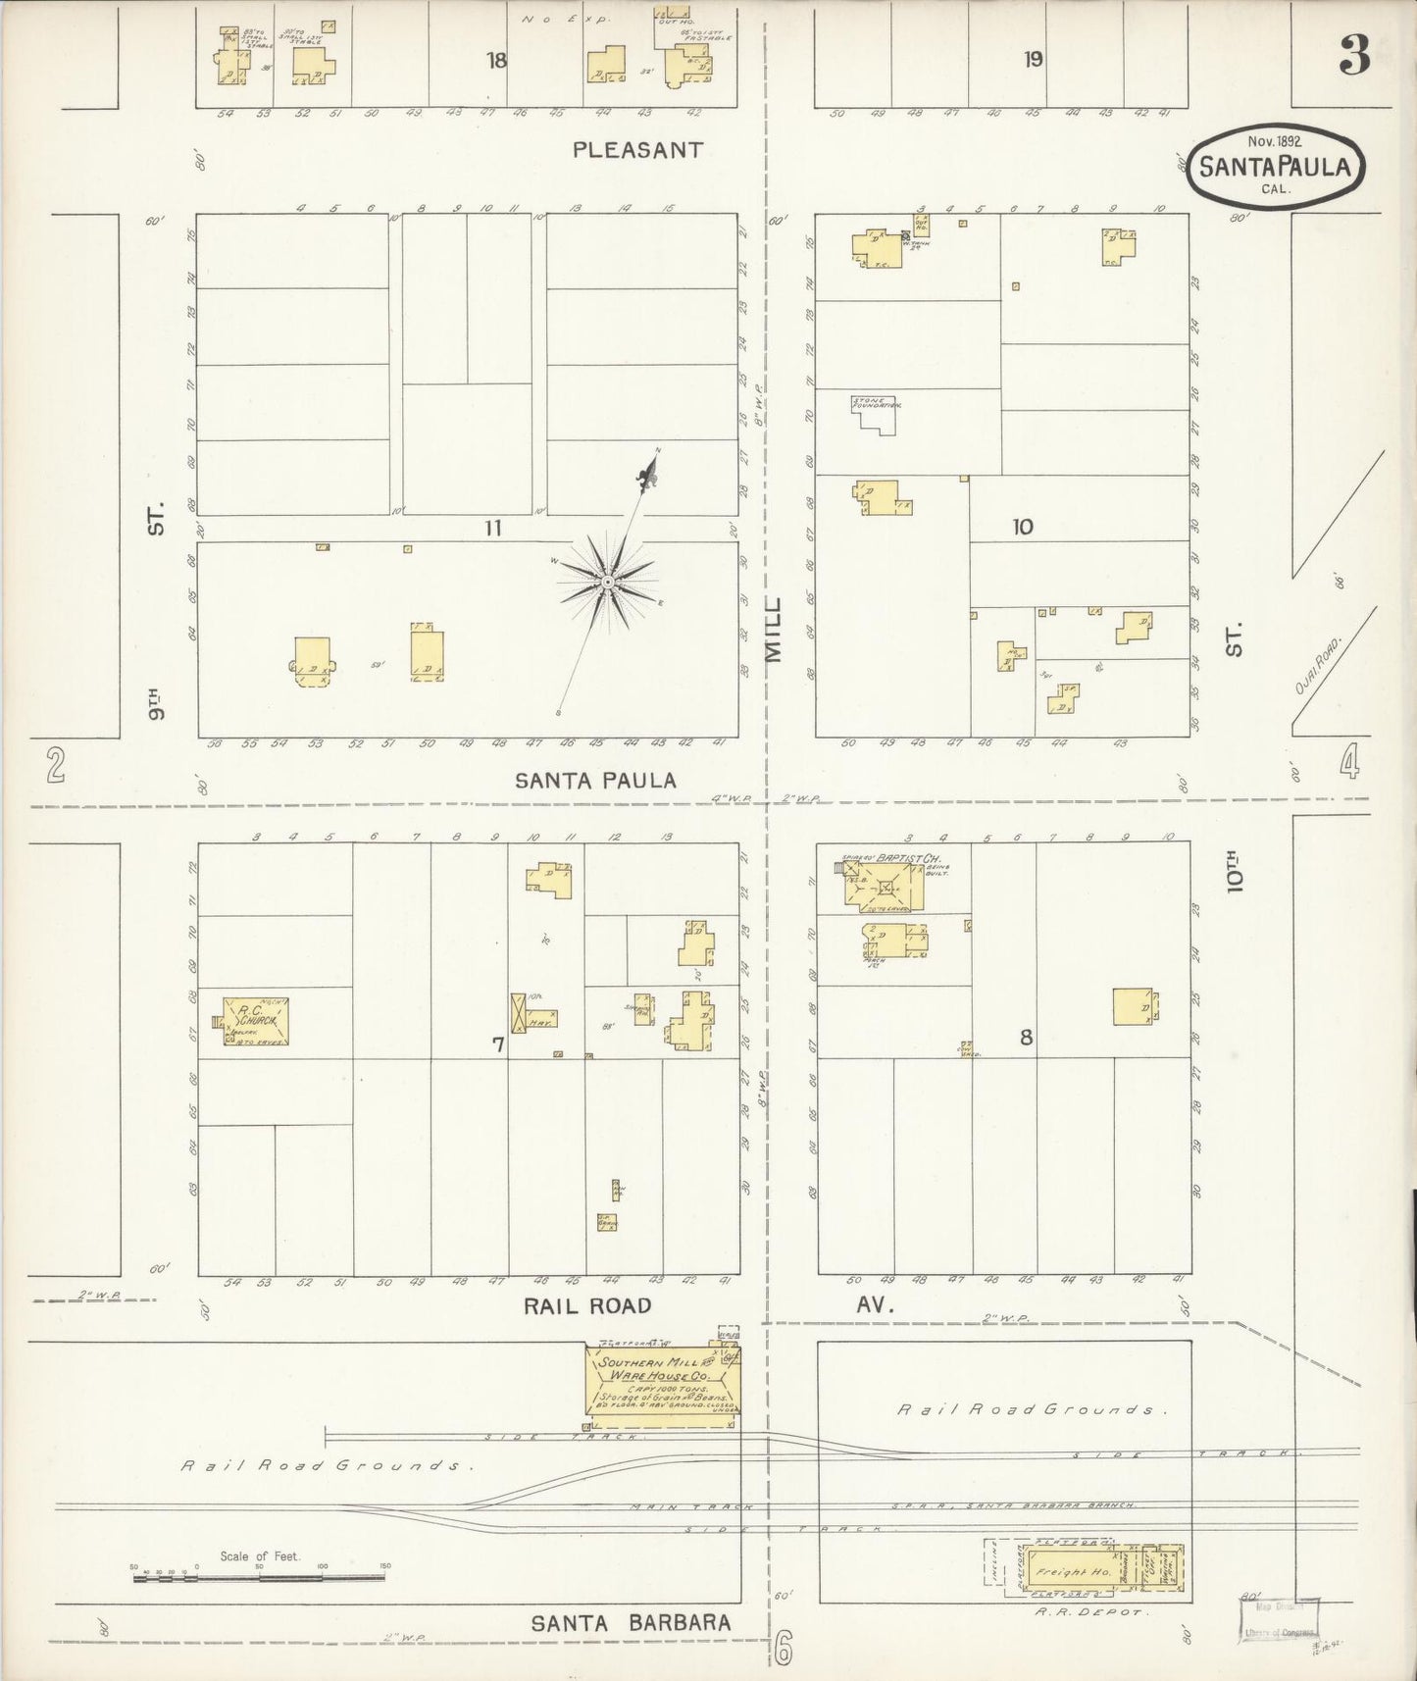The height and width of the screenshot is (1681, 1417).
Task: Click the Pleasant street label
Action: point(637,150)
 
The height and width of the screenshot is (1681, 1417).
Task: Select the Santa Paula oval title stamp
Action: point(1275,166)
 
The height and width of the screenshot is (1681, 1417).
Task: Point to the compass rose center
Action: point(608,583)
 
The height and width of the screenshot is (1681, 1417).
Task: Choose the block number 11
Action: point(491,528)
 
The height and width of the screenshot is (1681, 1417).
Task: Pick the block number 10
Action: point(1022,527)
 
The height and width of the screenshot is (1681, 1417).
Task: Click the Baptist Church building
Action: point(885,888)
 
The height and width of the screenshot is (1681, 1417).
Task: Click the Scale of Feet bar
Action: point(259,1577)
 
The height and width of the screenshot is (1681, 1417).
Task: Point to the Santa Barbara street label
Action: point(631,1623)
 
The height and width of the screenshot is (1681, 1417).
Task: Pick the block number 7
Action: point(497,1045)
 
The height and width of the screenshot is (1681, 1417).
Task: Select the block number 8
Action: point(1026,1038)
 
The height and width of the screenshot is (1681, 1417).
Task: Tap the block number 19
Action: point(1033,59)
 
